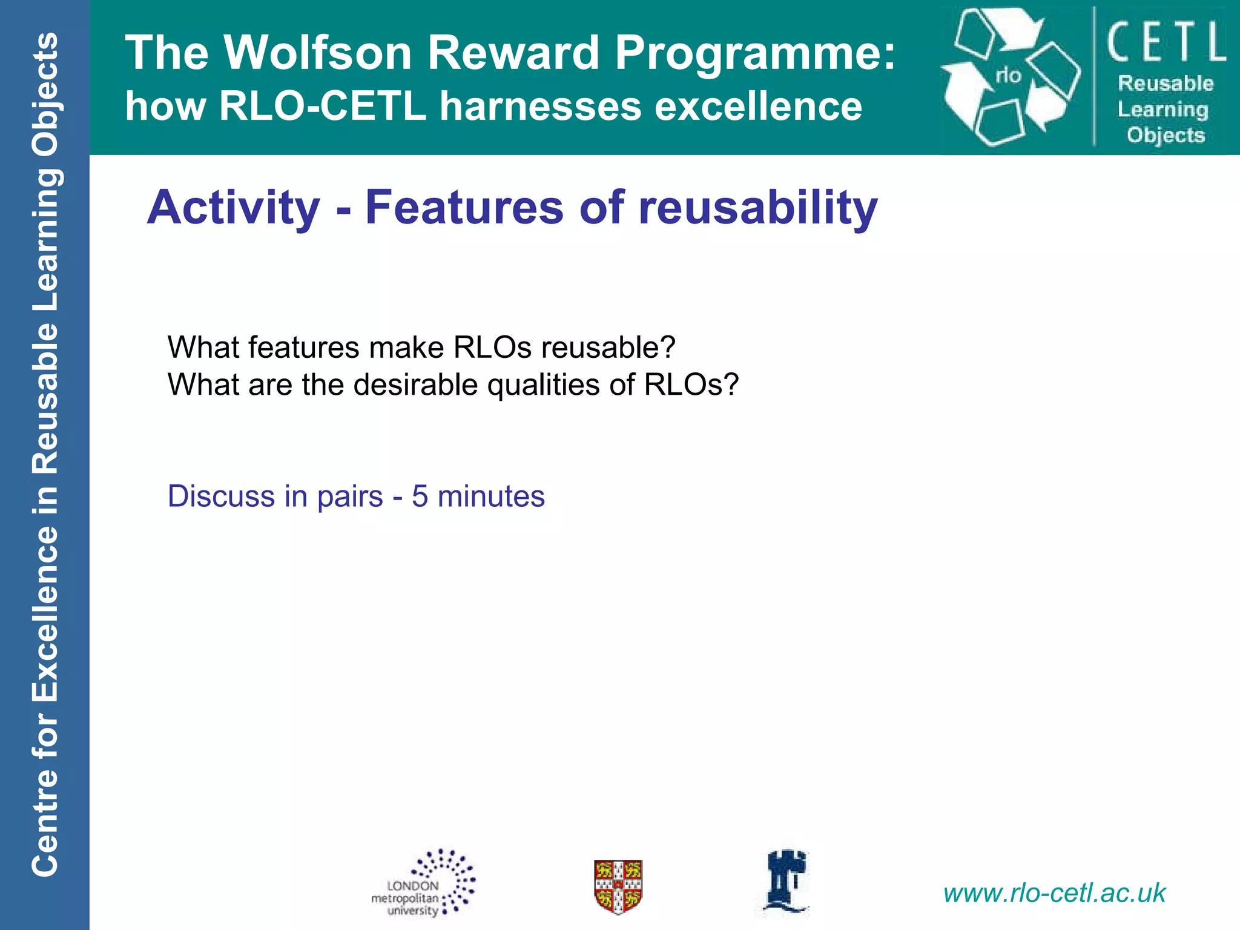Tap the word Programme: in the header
pos(754,53)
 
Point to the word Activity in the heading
pos(233,208)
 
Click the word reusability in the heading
pos(757,208)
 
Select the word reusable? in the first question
pos(608,348)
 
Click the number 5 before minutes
pos(420,496)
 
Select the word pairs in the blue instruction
pos(350,496)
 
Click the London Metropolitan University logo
pos(423,883)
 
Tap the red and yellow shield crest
pos(618,886)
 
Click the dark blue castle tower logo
pos(786,881)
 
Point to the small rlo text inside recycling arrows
pos(1008,76)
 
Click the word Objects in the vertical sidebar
pos(45,94)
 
